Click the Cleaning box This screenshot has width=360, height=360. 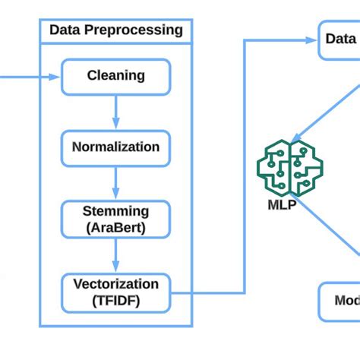click(115, 77)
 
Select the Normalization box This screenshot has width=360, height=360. click(115, 147)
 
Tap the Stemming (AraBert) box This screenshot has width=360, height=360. click(115, 219)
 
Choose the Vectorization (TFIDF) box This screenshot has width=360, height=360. click(115, 292)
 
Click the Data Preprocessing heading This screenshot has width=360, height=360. click(115, 31)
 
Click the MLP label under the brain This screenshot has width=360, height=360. click(282, 204)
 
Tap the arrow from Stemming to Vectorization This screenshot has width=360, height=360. click(115, 255)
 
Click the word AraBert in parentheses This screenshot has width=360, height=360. click(115, 226)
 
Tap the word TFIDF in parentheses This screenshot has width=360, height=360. click(115, 299)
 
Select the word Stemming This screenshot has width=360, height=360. click(115, 211)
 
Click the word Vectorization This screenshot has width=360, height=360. click(115, 284)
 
